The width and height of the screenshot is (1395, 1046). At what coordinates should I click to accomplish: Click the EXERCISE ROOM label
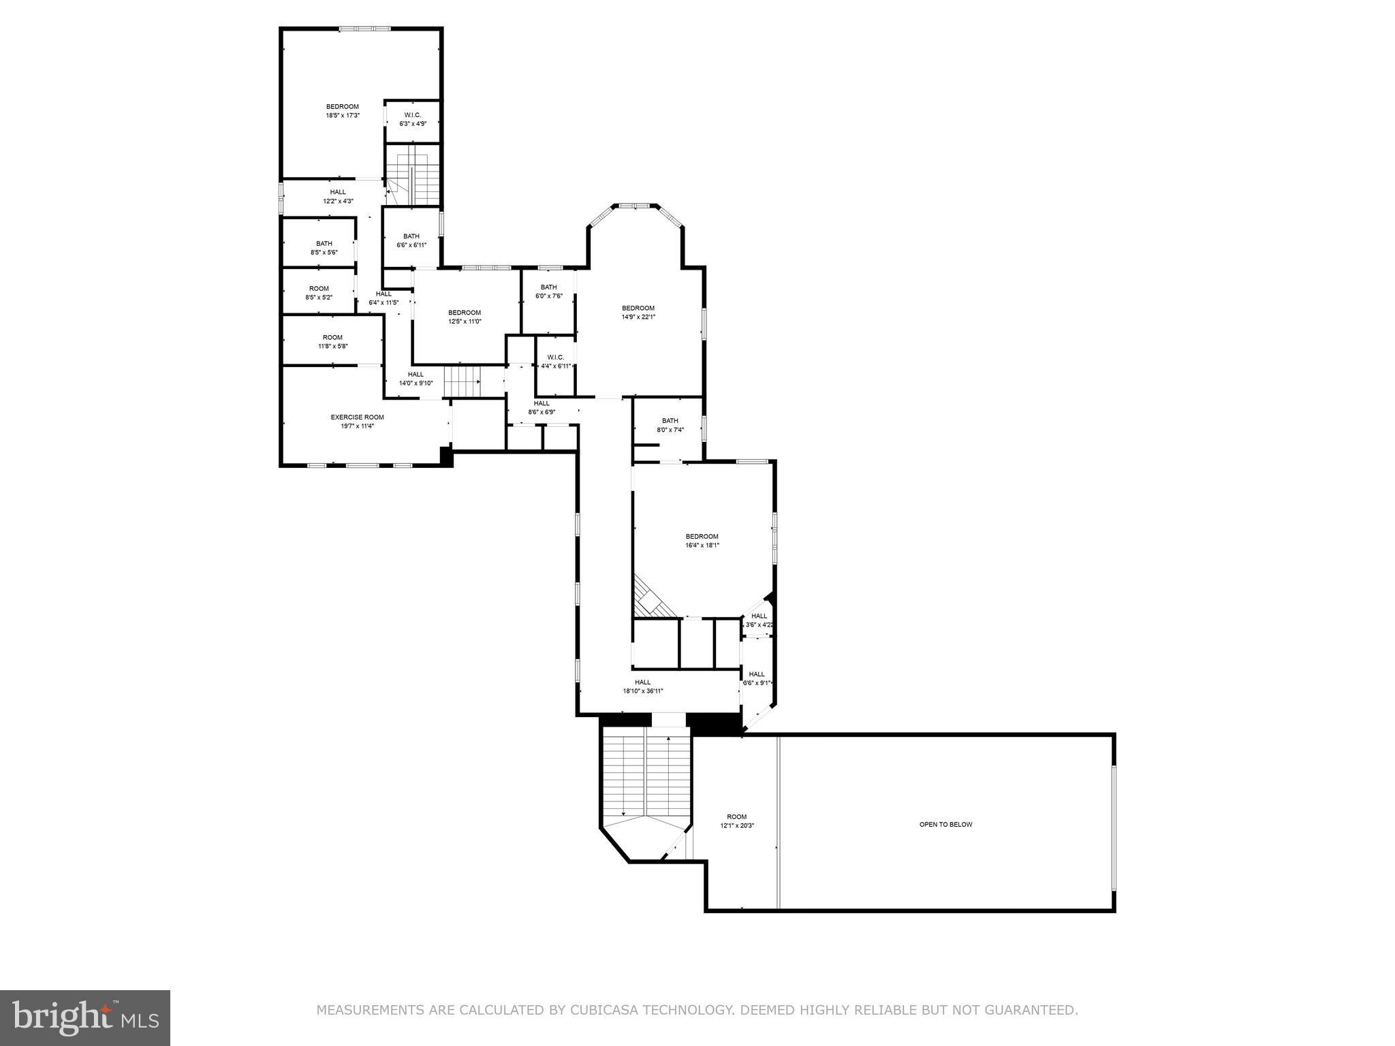(x=357, y=417)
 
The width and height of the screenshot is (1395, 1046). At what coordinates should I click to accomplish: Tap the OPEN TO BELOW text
(x=945, y=825)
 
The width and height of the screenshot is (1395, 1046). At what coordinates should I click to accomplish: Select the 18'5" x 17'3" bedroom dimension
(x=342, y=116)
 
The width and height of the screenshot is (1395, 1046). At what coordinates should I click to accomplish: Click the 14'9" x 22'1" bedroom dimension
(x=638, y=317)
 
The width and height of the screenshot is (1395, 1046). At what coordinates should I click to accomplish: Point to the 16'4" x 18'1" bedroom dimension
(x=702, y=545)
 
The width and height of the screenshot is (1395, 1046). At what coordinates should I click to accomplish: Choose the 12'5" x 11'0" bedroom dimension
(x=464, y=321)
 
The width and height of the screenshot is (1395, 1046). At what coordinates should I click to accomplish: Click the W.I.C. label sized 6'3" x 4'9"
(x=412, y=115)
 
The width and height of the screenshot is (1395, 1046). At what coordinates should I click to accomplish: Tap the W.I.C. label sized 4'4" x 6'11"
(x=555, y=357)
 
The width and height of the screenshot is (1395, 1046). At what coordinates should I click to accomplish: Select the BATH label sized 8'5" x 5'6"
(x=324, y=244)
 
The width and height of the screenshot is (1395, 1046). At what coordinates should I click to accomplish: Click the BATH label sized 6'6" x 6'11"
(x=411, y=236)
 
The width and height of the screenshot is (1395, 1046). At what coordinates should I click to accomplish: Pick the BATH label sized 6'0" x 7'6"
(x=548, y=287)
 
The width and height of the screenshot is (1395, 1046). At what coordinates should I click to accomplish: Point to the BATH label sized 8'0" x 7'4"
(x=670, y=421)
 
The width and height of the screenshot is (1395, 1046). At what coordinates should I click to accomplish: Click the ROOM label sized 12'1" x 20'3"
(x=736, y=817)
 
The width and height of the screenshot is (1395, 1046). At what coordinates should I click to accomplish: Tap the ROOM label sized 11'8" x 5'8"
(x=332, y=338)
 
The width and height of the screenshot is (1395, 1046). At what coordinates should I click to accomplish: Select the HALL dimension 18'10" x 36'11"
(x=642, y=691)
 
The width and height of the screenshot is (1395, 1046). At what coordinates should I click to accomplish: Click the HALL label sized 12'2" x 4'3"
(x=338, y=192)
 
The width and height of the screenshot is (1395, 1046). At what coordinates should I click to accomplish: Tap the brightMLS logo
(x=85, y=1018)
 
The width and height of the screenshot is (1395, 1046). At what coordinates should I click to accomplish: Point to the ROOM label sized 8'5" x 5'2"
(x=318, y=289)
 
